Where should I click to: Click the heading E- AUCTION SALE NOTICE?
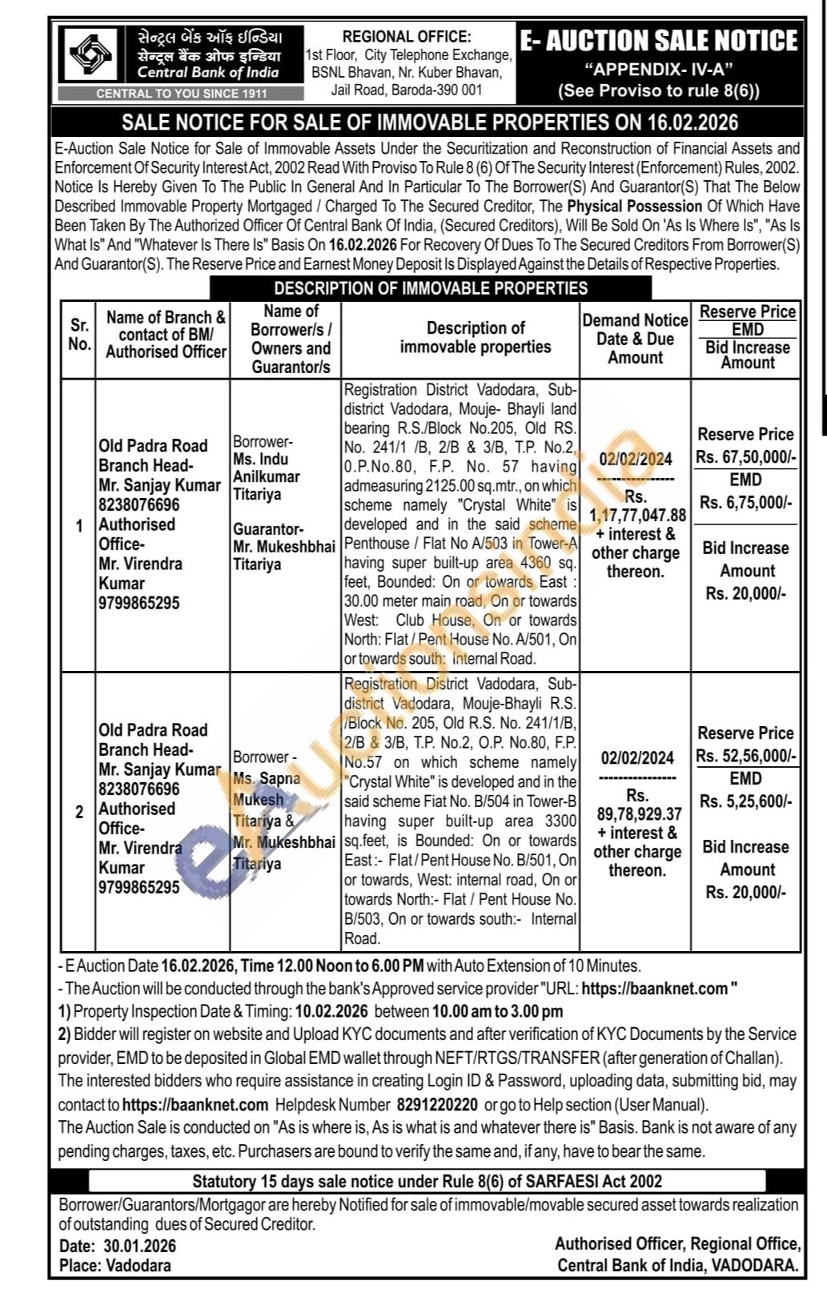click(658, 41)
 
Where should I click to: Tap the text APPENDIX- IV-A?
click(658, 69)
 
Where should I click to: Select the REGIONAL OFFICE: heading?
click(407, 37)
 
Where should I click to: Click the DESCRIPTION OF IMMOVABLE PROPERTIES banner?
click(431, 288)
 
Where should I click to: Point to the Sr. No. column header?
click(78, 335)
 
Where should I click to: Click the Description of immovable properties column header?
click(476, 337)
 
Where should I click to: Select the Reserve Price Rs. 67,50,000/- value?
click(745, 457)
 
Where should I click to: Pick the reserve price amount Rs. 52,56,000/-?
click(745, 756)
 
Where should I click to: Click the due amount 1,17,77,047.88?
click(637, 515)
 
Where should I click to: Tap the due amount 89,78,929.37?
click(639, 814)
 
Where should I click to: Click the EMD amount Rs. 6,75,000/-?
click(745, 503)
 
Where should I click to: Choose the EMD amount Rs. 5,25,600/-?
click(745, 801)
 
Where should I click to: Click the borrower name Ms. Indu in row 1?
click(261, 459)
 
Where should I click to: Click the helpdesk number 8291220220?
click(436, 1105)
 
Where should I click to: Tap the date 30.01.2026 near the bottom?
click(139, 1246)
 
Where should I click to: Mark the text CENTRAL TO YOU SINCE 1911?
click(182, 94)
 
